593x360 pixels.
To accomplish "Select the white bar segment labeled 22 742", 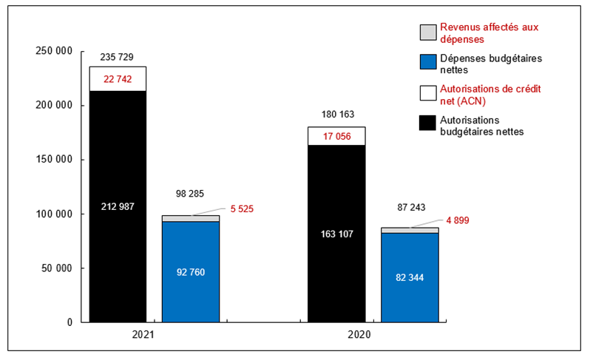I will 118,79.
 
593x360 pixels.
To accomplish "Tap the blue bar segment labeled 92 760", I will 191,271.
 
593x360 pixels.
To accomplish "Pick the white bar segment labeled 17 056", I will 336,136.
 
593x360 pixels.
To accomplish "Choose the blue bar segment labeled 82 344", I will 409,277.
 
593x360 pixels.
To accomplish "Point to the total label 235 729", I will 117,57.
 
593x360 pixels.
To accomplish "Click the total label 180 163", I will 336,115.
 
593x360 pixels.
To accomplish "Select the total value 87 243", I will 409,208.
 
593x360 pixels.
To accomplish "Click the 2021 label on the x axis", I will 144,335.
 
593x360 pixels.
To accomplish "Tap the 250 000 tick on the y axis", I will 54,51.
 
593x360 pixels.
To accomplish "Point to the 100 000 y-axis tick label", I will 54,214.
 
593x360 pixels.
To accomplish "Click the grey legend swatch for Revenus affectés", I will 427,33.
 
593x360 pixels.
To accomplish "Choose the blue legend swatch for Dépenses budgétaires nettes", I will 427,61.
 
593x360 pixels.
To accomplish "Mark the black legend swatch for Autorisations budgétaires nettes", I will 427,123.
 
